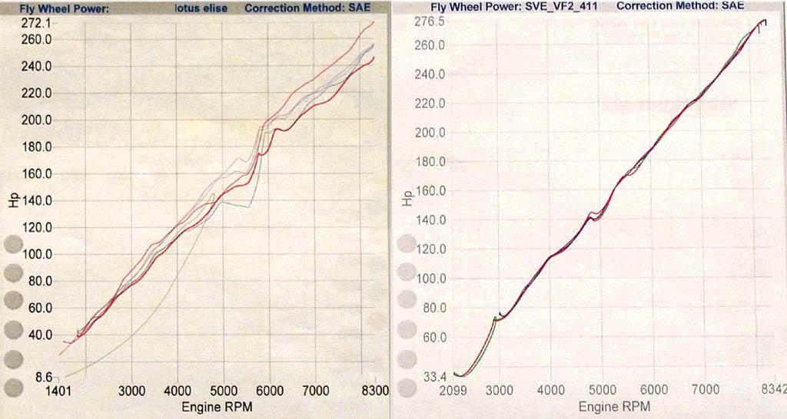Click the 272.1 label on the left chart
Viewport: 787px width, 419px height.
point(35,23)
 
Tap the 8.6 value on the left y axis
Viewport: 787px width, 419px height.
point(45,378)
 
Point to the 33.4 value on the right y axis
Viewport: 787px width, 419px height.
point(435,376)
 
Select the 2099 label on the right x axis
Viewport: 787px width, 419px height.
point(453,391)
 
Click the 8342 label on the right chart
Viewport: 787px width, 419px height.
point(772,391)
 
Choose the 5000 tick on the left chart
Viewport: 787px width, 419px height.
point(224,391)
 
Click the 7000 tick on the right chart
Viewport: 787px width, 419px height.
point(705,391)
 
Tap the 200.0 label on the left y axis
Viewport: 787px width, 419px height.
point(36,120)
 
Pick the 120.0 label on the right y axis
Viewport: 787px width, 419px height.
point(430,249)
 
